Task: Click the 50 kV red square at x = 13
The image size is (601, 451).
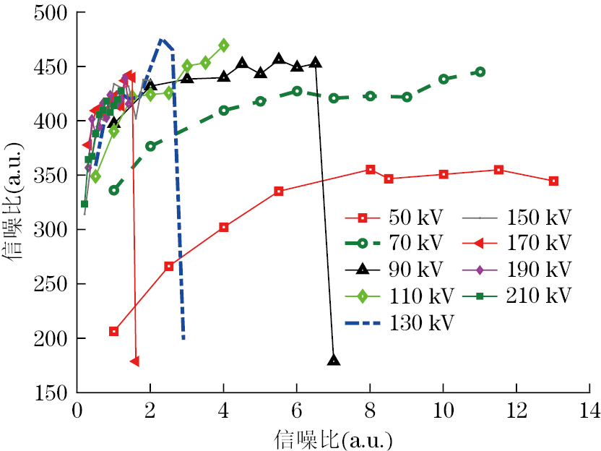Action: tap(553, 181)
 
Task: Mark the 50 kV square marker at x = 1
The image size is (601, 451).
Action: tap(113, 331)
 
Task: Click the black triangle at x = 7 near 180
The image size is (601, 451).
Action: tap(333, 360)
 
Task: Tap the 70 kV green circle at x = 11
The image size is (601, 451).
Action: tap(480, 72)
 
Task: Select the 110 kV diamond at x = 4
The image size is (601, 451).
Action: tap(223, 45)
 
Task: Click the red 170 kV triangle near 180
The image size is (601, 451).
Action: tap(134, 361)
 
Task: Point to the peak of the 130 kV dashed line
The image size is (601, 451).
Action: tap(162, 40)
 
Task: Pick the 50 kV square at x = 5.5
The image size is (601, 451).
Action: tap(279, 192)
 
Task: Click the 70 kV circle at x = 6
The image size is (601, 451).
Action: tap(297, 91)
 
